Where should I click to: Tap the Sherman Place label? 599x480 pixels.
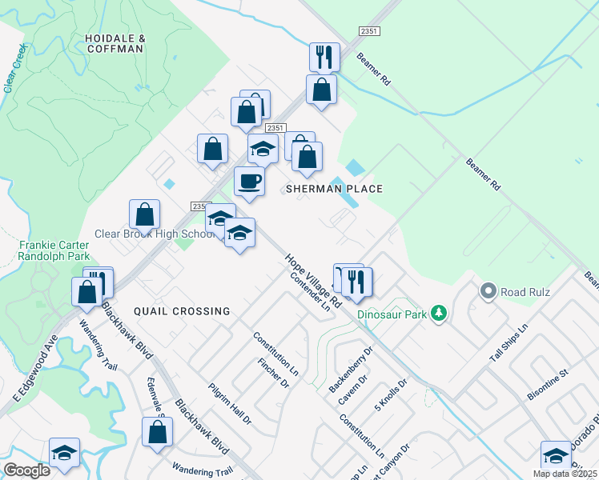335,189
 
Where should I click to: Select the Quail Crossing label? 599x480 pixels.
182,311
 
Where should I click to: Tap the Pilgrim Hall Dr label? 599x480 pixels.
229,402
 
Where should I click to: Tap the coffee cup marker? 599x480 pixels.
249,181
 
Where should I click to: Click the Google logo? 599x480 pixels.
26,470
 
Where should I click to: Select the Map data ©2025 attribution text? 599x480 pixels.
565,474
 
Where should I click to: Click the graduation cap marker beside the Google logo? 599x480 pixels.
64,453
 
